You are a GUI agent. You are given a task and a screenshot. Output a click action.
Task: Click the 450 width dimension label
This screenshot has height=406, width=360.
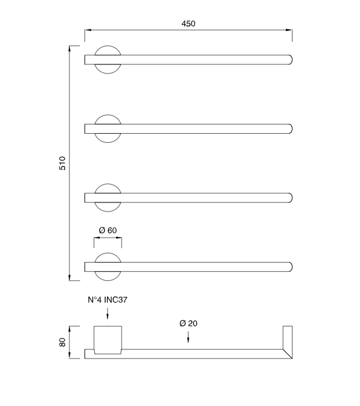[188, 24]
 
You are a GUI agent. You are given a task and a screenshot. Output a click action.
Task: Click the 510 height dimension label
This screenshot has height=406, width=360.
[62, 163]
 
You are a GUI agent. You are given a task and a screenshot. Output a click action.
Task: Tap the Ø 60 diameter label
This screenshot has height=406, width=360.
[108, 230]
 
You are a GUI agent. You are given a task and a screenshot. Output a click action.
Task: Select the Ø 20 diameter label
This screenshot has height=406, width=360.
[189, 323]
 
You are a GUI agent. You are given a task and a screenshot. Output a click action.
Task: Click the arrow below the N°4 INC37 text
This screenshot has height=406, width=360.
[107, 314]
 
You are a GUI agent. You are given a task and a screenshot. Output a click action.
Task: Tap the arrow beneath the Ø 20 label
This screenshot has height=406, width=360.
[189, 337]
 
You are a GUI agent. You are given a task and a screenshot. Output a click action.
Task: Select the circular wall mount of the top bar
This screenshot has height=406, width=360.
[108, 60]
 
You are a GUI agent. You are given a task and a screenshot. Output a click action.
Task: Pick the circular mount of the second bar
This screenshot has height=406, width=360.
[108, 128]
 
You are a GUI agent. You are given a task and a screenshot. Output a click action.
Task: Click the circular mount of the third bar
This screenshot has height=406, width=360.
[108, 198]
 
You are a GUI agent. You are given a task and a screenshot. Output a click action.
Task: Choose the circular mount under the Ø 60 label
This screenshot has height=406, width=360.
[108, 267]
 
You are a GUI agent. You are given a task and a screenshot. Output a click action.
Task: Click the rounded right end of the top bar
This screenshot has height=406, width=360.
[289, 60]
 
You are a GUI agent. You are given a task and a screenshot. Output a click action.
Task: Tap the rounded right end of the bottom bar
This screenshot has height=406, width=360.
[289, 267]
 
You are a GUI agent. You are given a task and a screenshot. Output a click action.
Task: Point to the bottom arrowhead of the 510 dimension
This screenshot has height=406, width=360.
[71, 278]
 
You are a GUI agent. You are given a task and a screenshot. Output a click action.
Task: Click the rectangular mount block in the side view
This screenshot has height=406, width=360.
[108, 340]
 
